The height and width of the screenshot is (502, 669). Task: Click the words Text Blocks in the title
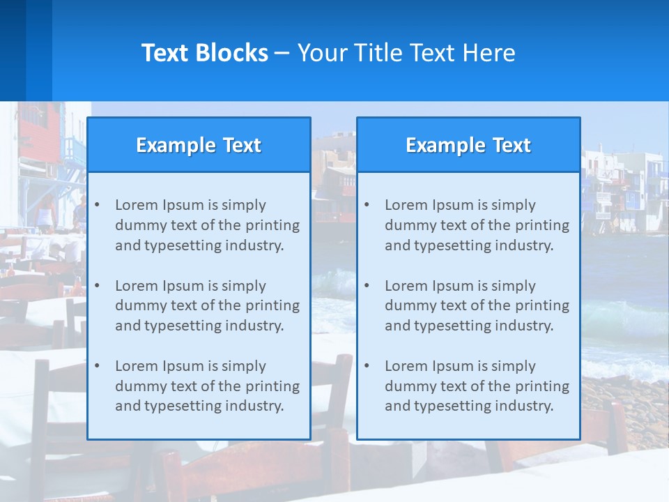[x=204, y=53]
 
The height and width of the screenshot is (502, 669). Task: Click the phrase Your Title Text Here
[x=406, y=53]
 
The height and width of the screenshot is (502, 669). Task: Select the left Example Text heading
[x=199, y=145]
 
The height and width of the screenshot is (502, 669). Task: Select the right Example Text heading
[x=468, y=145]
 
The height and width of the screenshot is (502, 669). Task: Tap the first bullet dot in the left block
[x=97, y=205]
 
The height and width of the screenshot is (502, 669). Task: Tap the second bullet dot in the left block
[x=97, y=286]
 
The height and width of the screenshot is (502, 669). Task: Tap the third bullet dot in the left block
[x=97, y=366]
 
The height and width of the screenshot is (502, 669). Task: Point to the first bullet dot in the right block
[x=367, y=205]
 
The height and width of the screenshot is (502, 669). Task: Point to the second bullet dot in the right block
[x=367, y=286]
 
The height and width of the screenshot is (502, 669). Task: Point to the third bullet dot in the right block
[x=367, y=366]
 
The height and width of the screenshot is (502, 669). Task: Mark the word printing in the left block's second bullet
[x=274, y=305]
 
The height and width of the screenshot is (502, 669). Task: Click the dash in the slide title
[x=282, y=53]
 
